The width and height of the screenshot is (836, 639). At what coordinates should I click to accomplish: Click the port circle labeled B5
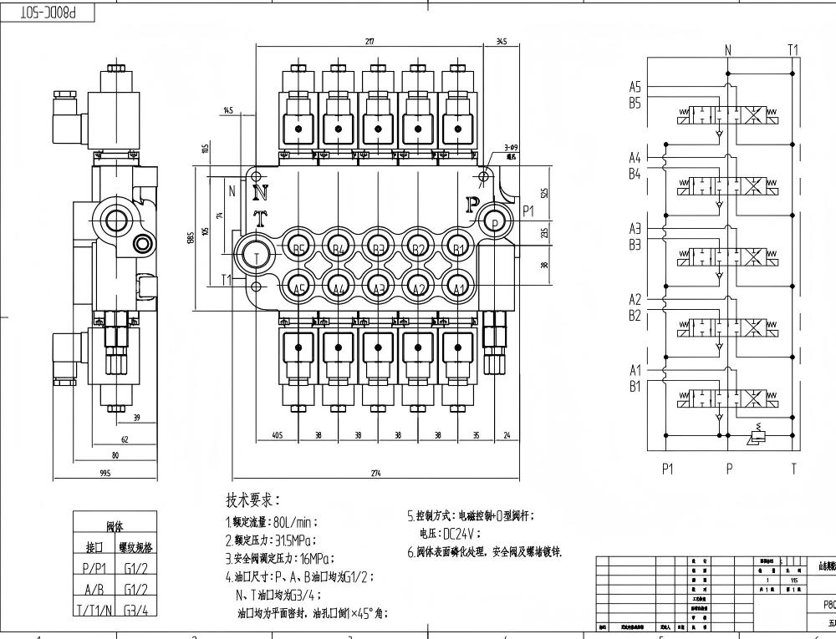coord(298,248)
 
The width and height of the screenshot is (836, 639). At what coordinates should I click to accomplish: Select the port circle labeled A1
coord(458,287)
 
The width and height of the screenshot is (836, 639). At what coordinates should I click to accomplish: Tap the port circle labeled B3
coord(378,248)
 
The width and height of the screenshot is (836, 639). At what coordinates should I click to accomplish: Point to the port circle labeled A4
coord(339,287)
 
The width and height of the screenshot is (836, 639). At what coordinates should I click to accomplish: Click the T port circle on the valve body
coord(257,256)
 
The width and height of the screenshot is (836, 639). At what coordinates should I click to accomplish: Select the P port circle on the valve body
coord(494,223)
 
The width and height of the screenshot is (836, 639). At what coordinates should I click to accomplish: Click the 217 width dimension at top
coord(370,42)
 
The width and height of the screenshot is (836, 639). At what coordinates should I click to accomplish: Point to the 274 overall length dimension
coord(375,474)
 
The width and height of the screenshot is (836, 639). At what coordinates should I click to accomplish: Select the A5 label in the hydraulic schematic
coord(635,86)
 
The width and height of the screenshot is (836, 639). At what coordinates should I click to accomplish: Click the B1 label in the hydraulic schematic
coord(635,387)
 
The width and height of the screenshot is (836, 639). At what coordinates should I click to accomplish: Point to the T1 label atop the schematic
coord(793,50)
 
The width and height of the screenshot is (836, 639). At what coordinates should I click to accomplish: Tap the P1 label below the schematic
coord(667,469)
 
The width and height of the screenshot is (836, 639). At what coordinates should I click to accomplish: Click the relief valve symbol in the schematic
coord(757,434)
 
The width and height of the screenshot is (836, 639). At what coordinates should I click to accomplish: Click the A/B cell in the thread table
coord(94,590)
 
